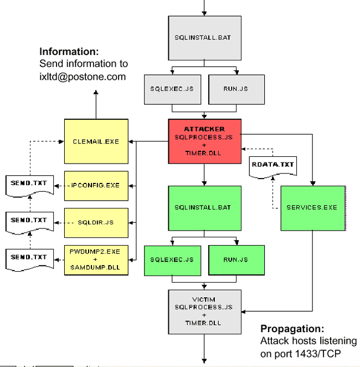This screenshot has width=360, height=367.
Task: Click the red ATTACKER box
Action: tap(205, 141)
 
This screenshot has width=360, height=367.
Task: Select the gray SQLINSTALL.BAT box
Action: tap(205, 38)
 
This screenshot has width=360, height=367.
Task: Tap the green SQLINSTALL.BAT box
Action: tap(205, 207)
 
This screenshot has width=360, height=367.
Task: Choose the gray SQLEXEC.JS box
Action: tap(172, 89)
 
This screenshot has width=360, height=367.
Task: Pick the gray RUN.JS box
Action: tap(236, 89)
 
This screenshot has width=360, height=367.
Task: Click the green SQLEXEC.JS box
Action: tap(172, 259)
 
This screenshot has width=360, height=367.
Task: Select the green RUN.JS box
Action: tap(236, 259)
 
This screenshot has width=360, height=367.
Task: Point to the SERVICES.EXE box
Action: tap(312, 207)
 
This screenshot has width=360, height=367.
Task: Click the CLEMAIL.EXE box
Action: tap(96, 141)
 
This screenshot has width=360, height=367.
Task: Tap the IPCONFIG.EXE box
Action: tap(96, 186)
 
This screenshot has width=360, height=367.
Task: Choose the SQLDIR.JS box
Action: tap(96, 222)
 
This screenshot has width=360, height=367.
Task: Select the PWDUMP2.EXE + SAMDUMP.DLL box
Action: tap(96, 260)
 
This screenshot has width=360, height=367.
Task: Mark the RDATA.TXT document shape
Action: tap(273, 167)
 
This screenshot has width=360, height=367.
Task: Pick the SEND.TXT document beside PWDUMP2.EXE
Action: tap(29, 258)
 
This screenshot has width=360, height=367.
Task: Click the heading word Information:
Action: tap(69, 52)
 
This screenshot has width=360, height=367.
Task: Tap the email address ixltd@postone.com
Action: tap(83, 77)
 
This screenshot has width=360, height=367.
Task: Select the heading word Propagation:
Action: tap(292, 328)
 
